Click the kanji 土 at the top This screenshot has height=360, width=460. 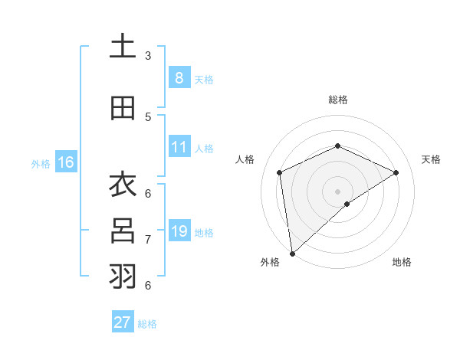click(x=123, y=47)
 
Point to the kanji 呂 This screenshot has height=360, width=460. click(x=123, y=231)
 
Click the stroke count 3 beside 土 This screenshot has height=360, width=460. click(x=147, y=56)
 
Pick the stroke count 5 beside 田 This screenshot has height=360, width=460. click(x=147, y=117)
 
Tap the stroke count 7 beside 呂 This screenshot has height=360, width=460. click(x=147, y=240)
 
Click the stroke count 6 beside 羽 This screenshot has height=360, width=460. click(x=147, y=285)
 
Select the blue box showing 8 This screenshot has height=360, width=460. click(x=179, y=77)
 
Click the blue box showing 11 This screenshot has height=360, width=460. click(x=179, y=147)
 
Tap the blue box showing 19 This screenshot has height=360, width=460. click(x=179, y=231)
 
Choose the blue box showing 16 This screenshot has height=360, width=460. click(x=66, y=162)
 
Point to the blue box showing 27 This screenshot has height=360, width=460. click(x=123, y=322)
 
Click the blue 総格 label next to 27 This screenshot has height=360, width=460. click(x=148, y=324)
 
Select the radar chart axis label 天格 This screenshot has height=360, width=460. click(x=431, y=159)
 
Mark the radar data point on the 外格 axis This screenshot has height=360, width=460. click(x=292, y=253)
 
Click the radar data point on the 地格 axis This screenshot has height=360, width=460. click(x=347, y=204)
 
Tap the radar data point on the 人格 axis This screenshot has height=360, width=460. click(x=280, y=172)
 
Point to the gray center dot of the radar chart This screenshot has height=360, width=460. click(x=337, y=191)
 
